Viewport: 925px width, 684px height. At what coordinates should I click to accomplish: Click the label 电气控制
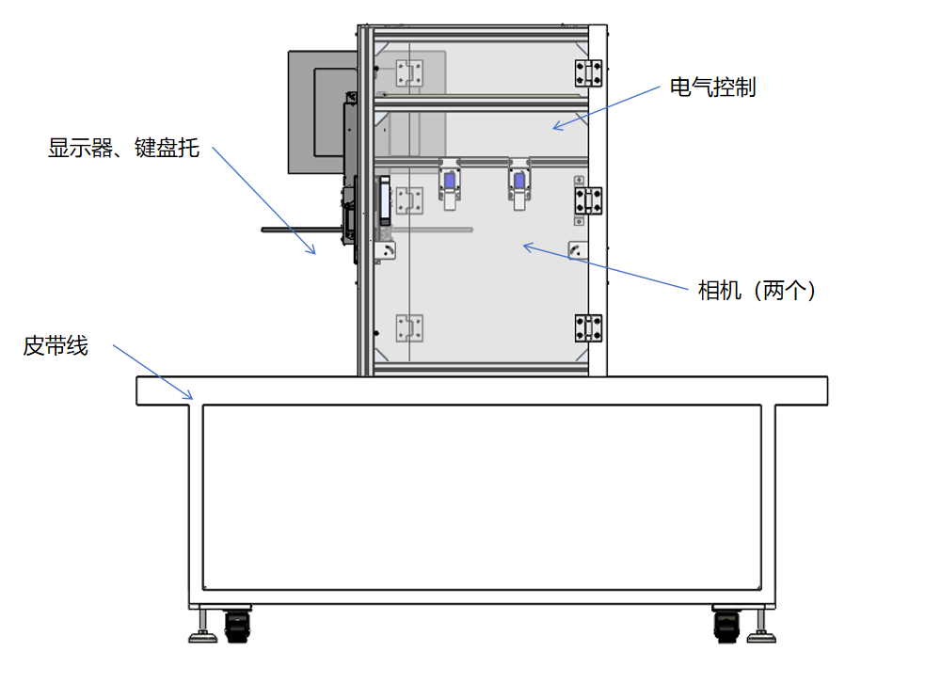712,88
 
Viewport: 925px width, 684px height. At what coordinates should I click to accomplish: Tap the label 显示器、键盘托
123,148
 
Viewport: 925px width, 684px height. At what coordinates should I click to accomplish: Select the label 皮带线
56,346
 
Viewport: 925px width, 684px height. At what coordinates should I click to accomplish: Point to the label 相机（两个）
757,291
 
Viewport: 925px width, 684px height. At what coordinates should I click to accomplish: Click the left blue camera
450,182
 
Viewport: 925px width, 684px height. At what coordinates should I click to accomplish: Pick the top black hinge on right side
588,72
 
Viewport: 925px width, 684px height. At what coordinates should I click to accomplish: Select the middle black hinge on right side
588,199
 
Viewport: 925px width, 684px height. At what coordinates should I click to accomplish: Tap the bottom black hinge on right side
588,327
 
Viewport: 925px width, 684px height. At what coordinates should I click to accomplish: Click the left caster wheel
237,625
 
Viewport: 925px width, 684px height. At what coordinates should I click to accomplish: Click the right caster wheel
726,625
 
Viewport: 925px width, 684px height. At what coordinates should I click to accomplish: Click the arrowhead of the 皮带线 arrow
192,399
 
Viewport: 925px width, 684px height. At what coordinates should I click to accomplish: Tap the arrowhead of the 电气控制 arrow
555,128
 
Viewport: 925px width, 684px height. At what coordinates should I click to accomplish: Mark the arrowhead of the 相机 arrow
525,247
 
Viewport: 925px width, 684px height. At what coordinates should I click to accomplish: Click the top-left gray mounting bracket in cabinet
409,73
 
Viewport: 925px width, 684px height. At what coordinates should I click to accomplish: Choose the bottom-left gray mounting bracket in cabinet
409,328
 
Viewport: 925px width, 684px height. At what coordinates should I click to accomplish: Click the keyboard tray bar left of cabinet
301,228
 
